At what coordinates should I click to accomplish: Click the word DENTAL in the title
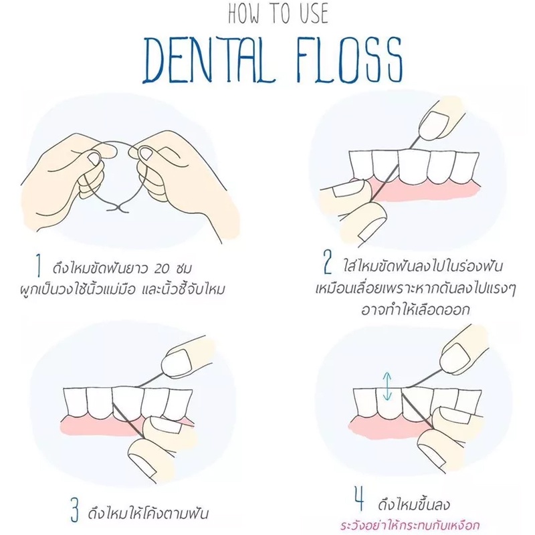pos(209,60)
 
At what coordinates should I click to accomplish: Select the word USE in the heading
pos(313,13)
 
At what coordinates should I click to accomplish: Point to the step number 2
pos(327,261)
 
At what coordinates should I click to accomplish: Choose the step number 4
pos(359,500)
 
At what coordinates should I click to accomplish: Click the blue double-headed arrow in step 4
pos(387,386)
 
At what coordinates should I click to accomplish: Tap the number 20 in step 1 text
pos(161,269)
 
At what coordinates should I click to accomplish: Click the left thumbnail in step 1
pos(93,158)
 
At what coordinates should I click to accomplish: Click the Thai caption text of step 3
pos(148,512)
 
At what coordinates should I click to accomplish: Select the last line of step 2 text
pos(415,310)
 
